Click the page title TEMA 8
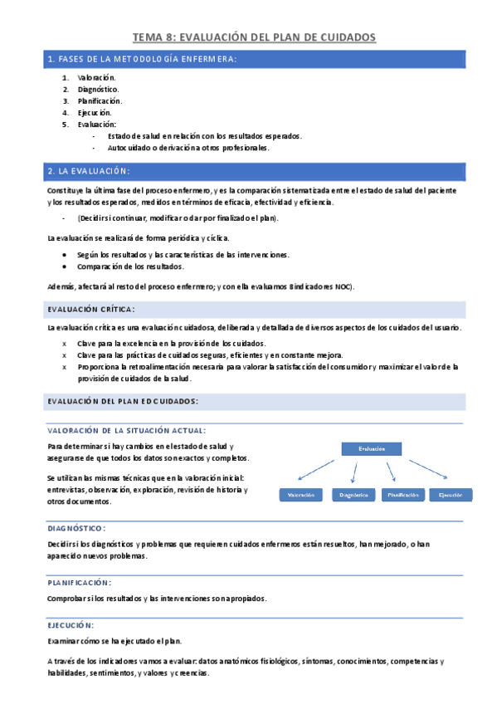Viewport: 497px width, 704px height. (x=255, y=37)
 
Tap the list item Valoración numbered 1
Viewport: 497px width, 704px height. (x=97, y=77)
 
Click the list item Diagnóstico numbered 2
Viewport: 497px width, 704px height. (x=98, y=89)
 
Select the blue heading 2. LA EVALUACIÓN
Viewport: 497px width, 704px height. (x=90, y=171)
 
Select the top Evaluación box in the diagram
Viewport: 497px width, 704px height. (x=372, y=449)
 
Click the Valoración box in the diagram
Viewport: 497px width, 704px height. (x=300, y=495)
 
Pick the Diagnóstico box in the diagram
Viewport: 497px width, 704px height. (x=353, y=495)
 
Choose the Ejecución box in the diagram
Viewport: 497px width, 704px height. (x=451, y=495)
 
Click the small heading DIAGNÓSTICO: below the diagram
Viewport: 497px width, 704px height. (x=77, y=528)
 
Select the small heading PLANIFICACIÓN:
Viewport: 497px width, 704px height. (x=80, y=583)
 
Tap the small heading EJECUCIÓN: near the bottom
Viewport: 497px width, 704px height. (x=71, y=625)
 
